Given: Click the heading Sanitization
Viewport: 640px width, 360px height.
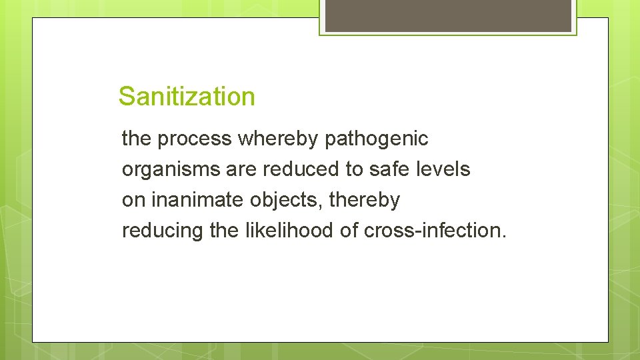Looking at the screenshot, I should (x=187, y=97).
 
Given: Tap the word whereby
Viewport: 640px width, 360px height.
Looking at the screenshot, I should (x=279, y=139).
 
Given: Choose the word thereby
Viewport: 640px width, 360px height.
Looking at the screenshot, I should (x=365, y=200).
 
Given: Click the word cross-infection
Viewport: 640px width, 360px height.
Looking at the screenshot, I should (x=435, y=230).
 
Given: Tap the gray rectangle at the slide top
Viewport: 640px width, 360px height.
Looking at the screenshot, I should (x=448, y=15).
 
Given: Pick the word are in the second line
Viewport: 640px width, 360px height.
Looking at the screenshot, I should (x=241, y=170).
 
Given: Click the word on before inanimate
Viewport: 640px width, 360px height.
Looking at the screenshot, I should (x=134, y=200).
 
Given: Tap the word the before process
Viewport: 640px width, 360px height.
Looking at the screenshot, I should (x=137, y=139).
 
